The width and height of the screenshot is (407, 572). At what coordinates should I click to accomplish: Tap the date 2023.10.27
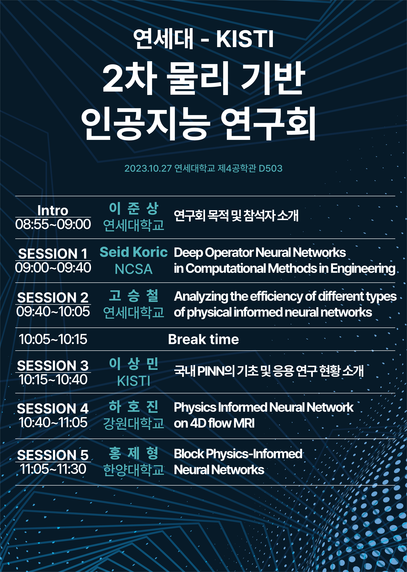click(148, 168)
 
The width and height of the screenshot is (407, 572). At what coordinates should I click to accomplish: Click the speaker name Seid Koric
click(134, 252)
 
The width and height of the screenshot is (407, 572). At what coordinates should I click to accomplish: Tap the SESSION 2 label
click(53, 298)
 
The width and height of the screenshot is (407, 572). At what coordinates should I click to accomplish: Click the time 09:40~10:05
click(53, 311)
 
